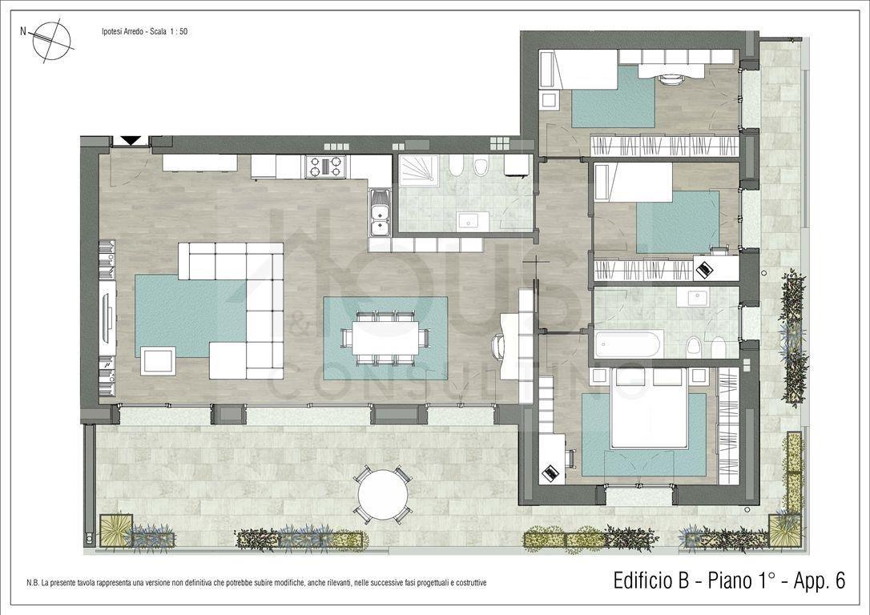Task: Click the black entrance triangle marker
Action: click(131, 140)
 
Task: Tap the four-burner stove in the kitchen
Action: click(326, 167)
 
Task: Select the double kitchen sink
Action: click(379, 212)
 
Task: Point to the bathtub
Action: click(627, 344)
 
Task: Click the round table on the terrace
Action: click(383, 494)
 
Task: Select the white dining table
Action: click(386, 338)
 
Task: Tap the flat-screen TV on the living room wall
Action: click(107, 317)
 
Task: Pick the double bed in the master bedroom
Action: click(649, 408)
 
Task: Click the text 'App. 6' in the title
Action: click(820, 581)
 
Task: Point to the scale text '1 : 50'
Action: click(179, 31)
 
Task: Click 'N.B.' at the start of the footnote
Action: click(32, 584)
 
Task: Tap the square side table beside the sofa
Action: click(158, 360)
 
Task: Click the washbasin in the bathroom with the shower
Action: click(473, 221)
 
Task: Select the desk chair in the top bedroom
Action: click(671, 78)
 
